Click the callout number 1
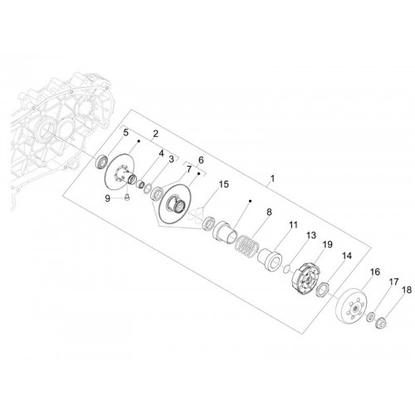(x=272, y=178)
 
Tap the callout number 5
(x=125, y=133)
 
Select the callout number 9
(x=108, y=198)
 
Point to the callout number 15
(x=224, y=184)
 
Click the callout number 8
(x=269, y=212)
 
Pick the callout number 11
(x=293, y=225)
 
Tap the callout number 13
(x=311, y=235)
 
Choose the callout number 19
(x=328, y=245)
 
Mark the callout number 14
(x=347, y=256)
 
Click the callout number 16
(x=375, y=271)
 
